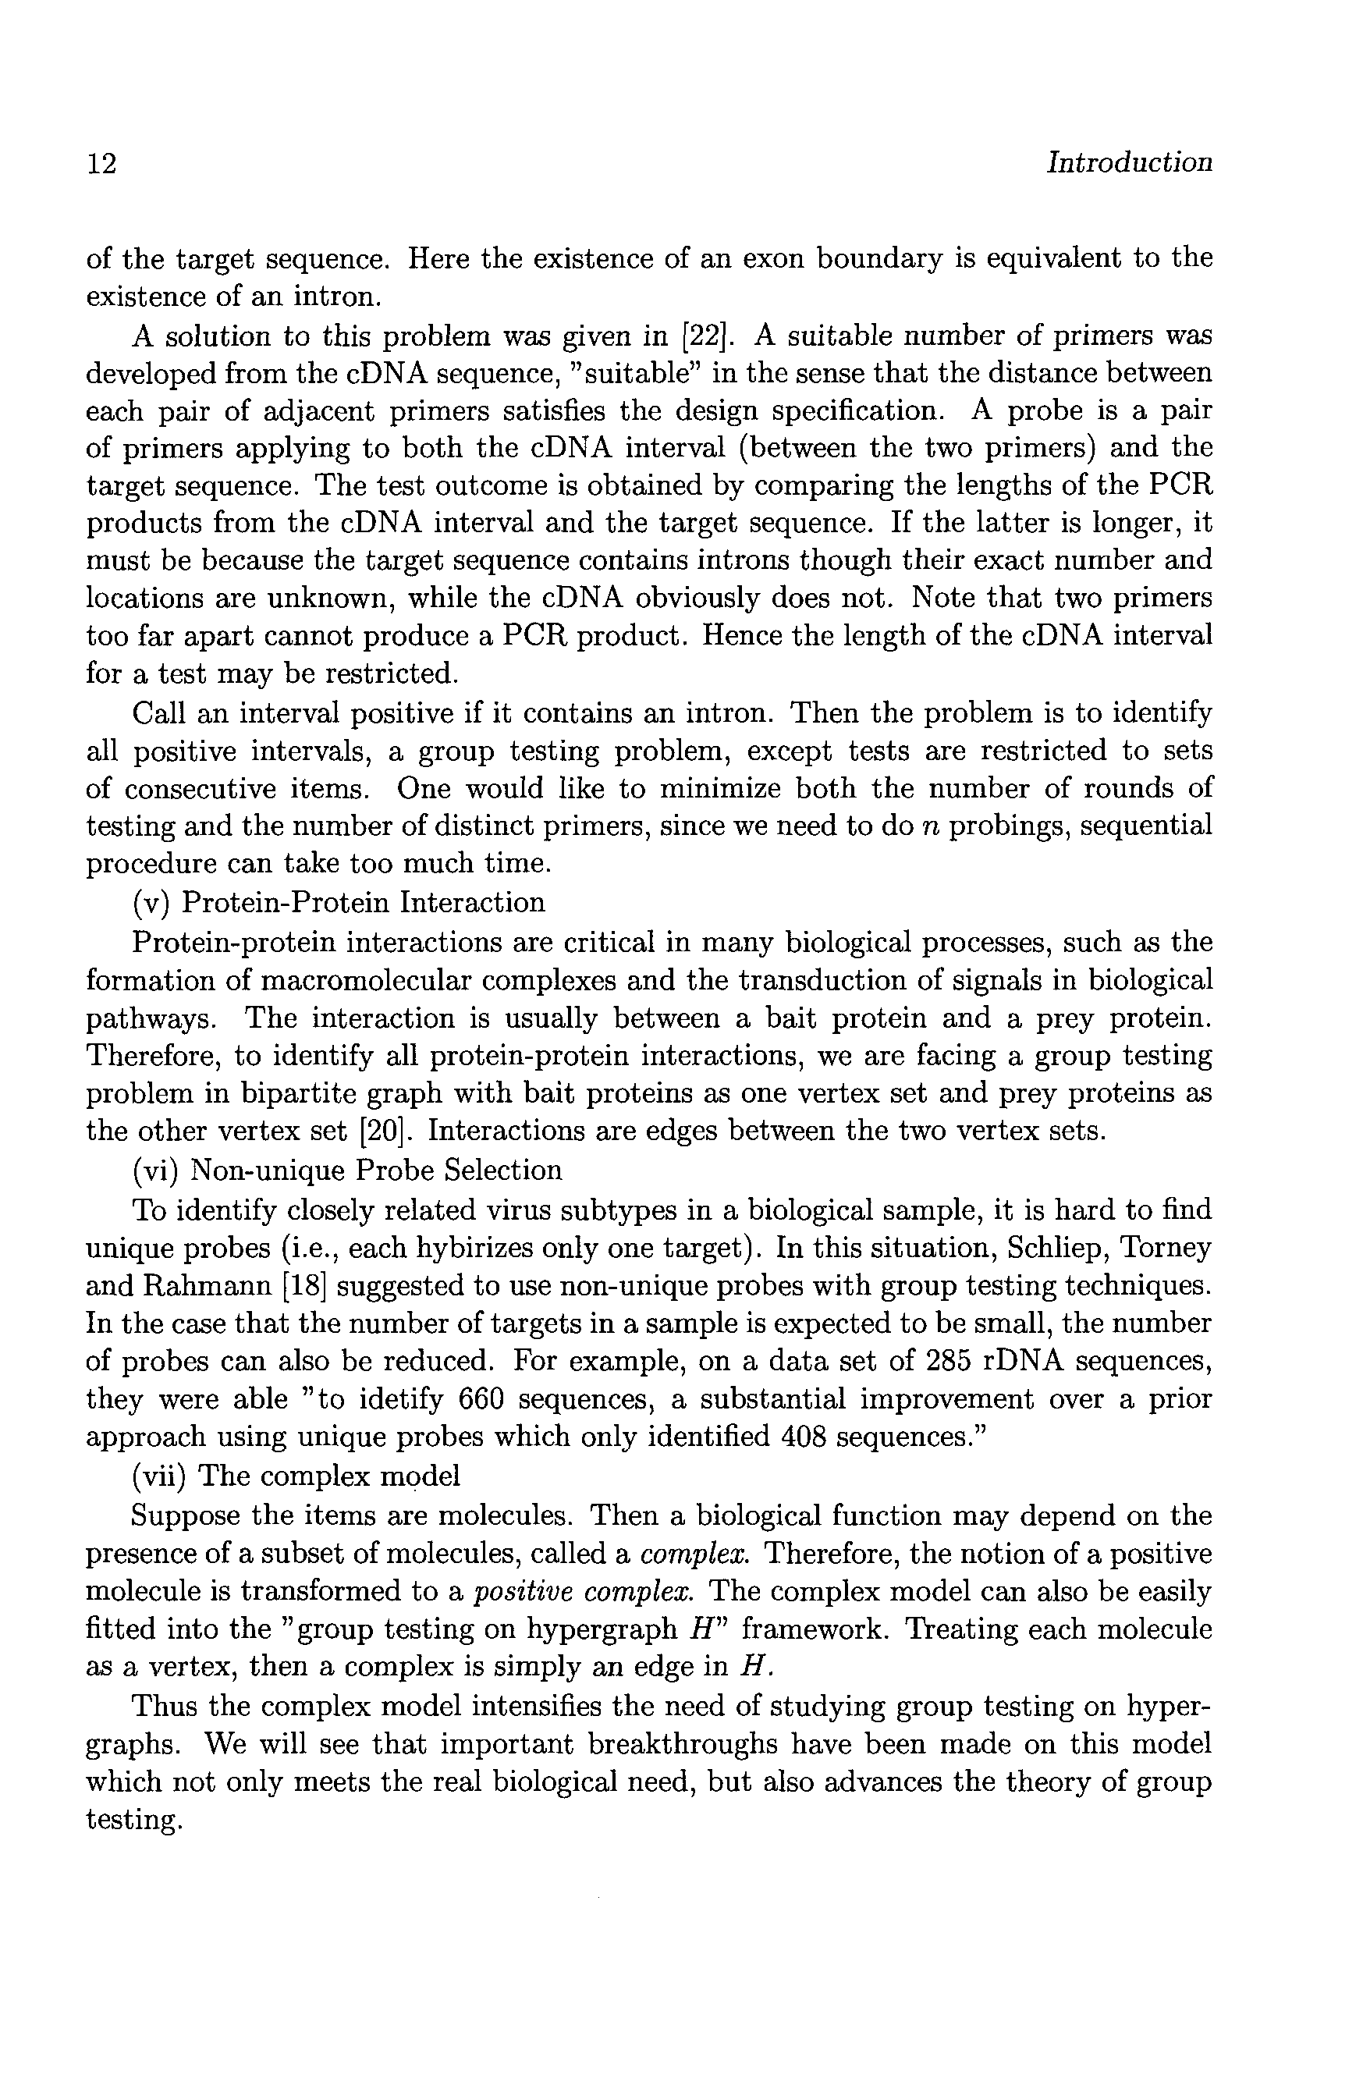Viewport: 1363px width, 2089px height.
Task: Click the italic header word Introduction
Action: [x=1129, y=162]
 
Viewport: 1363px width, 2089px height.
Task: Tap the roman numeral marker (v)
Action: [x=148, y=902]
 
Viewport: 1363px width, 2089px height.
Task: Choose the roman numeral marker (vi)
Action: [x=154, y=1170]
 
